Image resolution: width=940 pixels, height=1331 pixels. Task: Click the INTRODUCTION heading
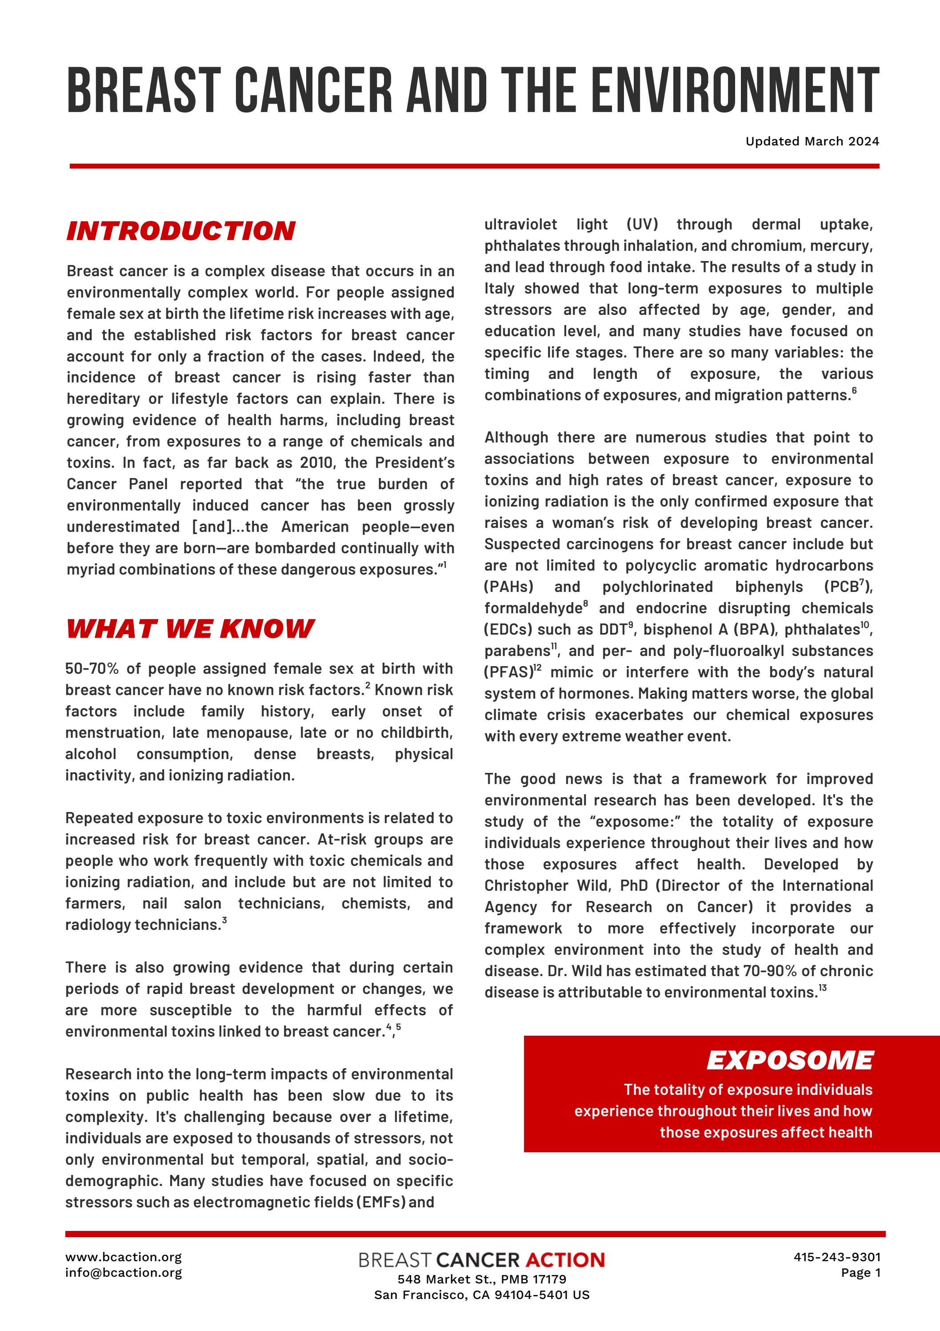click(x=181, y=231)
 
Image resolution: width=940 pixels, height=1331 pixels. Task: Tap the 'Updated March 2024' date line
click(x=812, y=141)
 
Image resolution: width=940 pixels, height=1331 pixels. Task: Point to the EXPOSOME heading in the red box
click(x=789, y=1060)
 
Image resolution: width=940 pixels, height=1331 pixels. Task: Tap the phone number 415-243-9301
click(x=837, y=1257)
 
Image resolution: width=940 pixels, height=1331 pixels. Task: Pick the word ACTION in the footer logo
click(x=565, y=1260)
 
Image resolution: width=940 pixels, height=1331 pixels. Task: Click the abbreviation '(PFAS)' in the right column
click(x=508, y=672)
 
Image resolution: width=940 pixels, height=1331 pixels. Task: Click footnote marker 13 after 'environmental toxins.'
click(x=823, y=987)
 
